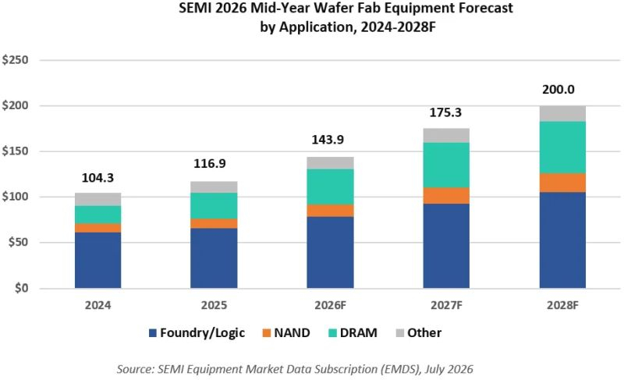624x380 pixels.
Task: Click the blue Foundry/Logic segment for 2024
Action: tap(98, 261)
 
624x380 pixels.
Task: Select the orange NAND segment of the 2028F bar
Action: tap(562, 183)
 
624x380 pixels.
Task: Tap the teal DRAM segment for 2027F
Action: tap(446, 165)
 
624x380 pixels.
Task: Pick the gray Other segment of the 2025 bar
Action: tap(214, 187)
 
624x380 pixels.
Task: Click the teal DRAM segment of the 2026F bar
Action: tap(330, 187)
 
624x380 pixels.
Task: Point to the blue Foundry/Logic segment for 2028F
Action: tap(562, 240)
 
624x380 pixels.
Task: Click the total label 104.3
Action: tap(98, 178)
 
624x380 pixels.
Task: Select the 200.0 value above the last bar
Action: tap(558, 90)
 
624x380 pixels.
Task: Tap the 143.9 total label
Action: tap(328, 140)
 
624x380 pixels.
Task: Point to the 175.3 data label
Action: tap(445, 112)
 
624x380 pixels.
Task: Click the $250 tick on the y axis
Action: tap(15, 60)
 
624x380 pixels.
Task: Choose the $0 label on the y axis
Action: tap(22, 288)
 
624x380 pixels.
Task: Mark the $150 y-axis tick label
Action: tap(15, 151)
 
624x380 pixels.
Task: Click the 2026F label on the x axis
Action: tap(330, 305)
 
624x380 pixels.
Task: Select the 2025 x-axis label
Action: tap(214, 305)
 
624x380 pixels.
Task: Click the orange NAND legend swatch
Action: tap(266, 333)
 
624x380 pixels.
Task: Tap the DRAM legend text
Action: tap(359, 332)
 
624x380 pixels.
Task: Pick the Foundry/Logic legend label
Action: tap(202, 333)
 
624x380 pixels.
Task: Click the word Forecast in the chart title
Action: tap(482, 8)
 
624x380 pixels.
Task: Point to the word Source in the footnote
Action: tap(133, 369)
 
